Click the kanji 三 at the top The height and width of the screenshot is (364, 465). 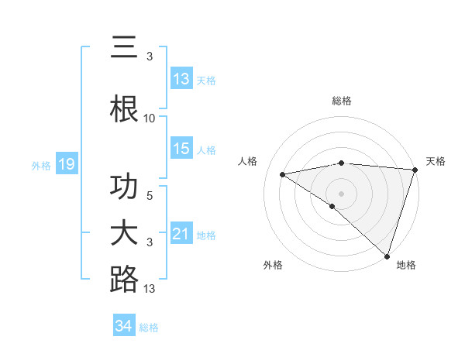[x=124, y=48]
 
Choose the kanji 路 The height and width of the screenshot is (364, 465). [x=124, y=279]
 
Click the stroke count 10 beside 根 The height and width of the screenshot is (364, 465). [x=150, y=118]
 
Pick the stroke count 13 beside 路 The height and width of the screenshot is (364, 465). [x=150, y=289]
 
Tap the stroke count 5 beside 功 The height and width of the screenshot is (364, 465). [x=150, y=196]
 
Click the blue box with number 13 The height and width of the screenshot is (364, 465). [x=181, y=79]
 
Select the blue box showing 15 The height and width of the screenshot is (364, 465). [x=181, y=149]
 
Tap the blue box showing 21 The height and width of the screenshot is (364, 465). [x=181, y=234]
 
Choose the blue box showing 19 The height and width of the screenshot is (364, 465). [x=67, y=164]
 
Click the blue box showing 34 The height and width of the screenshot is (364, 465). [x=124, y=326]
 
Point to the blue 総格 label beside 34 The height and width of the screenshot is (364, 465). [x=149, y=328]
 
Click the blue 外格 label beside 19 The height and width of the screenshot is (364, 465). [x=41, y=165]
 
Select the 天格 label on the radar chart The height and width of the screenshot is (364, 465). [x=436, y=161]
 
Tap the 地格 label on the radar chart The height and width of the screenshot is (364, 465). [x=405, y=265]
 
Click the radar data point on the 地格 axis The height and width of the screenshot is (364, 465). [x=386, y=255]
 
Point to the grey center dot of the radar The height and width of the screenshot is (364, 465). [x=341, y=193]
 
